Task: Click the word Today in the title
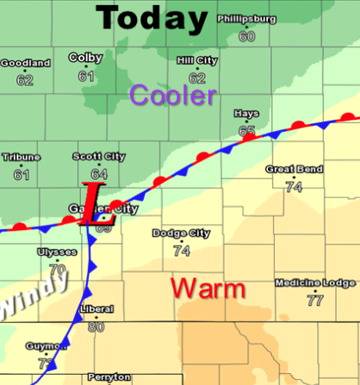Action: pos(153,18)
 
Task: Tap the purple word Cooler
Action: pos(172,96)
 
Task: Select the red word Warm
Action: pos(208,289)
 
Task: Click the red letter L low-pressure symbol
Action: pos(90,204)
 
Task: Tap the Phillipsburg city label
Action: pos(247,17)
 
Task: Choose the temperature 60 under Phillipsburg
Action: pos(247,36)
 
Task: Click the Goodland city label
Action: pos(26,63)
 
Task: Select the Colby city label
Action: pos(86,58)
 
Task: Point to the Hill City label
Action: pos(196,59)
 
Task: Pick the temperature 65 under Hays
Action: pos(247,131)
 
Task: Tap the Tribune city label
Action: pos(21,157)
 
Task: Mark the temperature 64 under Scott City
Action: pos(98,173)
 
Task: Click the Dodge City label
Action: pos(181,233)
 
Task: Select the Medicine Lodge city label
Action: pos(314,283)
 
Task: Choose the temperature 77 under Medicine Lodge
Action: pos(314,301)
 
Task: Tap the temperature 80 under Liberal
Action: pos(96,326)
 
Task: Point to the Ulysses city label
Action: pos(57,251)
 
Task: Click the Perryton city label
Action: pos(109,377)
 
